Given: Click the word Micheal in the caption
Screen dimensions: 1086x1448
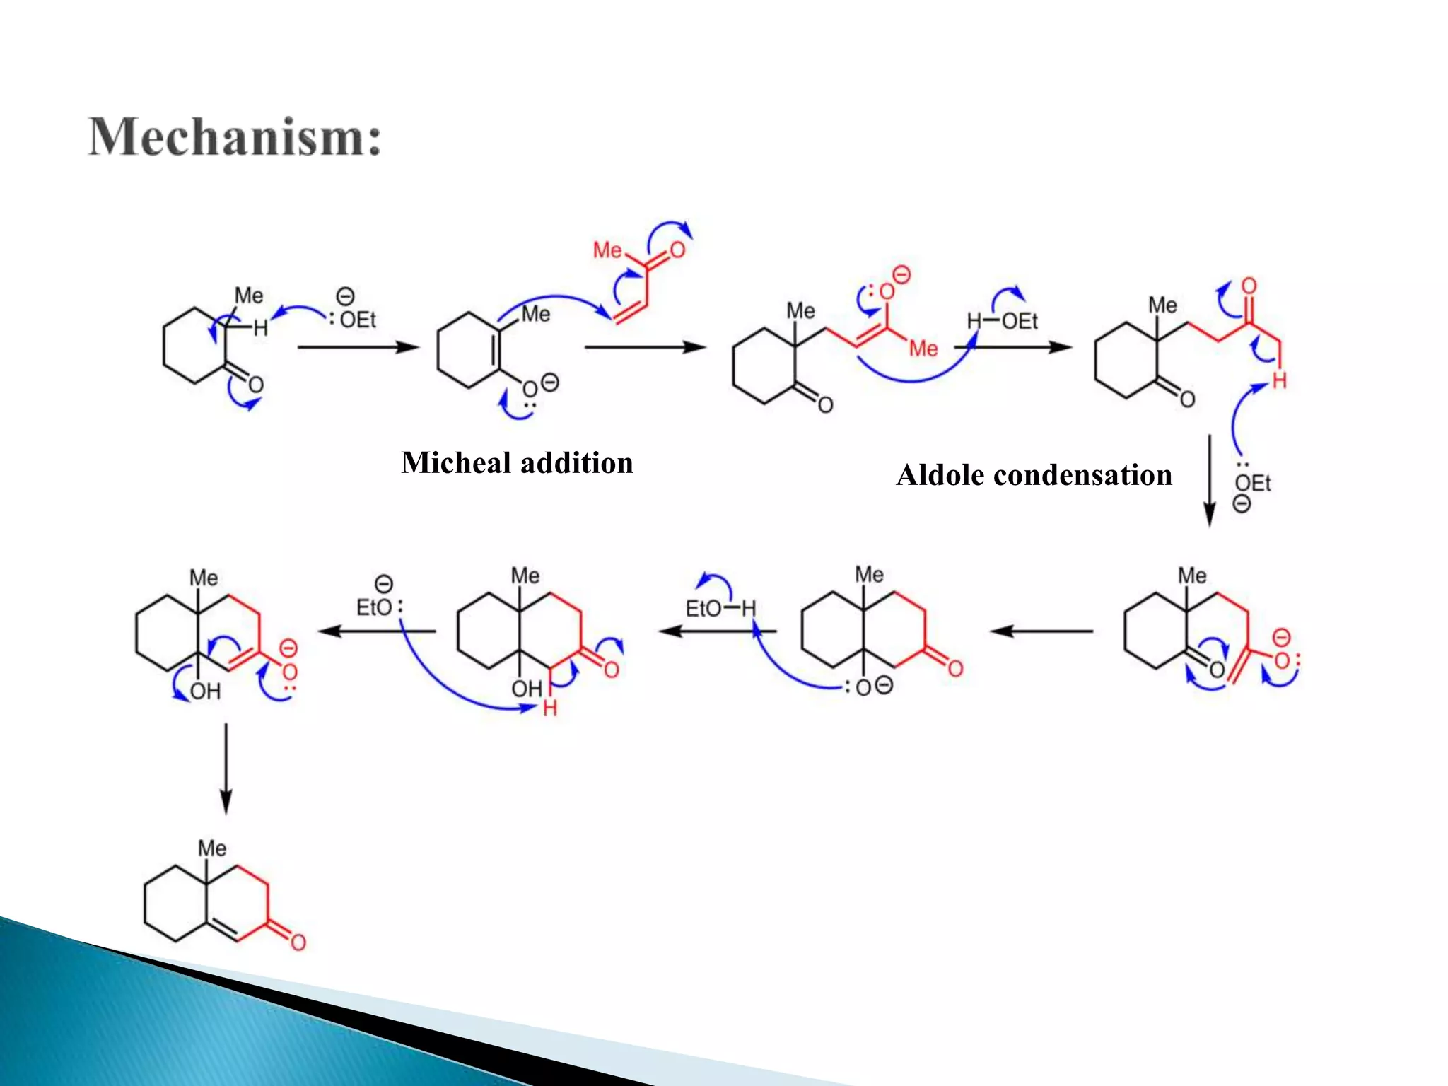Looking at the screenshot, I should coord(455,463).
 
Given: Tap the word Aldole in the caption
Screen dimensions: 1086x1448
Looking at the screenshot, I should coord(939,475).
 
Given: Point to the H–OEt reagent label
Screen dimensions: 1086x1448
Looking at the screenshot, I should coord(1002,322).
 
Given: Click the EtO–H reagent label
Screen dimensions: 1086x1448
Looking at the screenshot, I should coord(720,608).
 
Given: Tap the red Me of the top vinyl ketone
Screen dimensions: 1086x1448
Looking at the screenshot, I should coord(607,250).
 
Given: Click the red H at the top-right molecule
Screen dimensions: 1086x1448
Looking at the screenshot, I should coord(1279,381).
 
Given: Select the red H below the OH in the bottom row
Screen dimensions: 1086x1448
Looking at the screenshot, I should coord(550,708).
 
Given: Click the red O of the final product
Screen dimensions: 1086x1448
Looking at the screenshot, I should coord(298,942).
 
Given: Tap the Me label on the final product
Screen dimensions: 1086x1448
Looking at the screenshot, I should coord(211,848).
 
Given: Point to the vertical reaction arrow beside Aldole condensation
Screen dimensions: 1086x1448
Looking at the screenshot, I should coord(1209,481).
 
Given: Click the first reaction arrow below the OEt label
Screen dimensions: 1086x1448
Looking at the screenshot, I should coord(358,347).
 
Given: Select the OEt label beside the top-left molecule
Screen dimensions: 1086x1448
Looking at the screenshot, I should coord(358,320).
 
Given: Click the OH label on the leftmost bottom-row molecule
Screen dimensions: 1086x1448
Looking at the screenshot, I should coord(205,691).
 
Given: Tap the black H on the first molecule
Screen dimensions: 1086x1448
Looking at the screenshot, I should coord(261,328).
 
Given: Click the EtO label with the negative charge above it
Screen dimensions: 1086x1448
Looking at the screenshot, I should coord(374,607).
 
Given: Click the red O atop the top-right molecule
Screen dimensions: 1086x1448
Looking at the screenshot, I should coord(1249,286).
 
